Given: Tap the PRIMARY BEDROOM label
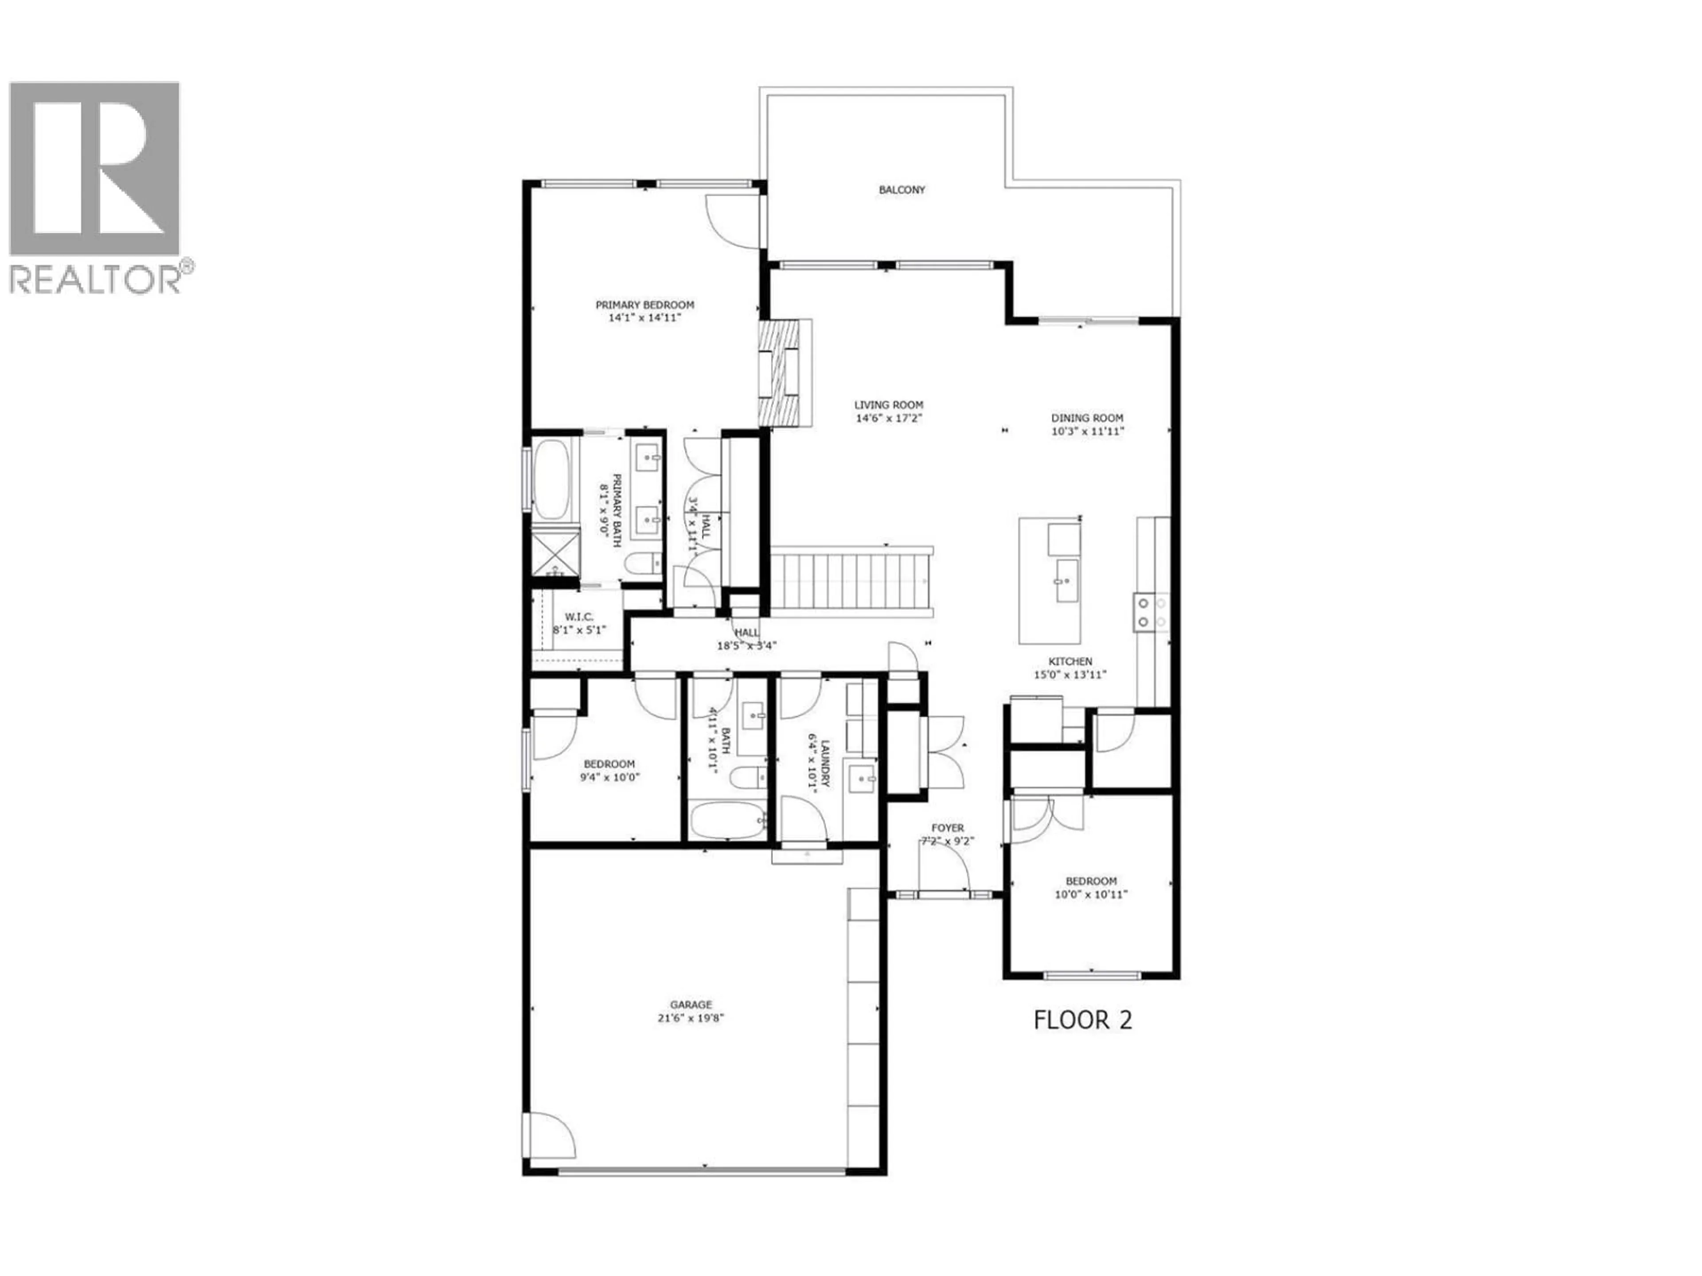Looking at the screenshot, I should point(645,304).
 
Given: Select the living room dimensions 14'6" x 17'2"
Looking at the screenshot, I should point(889,418).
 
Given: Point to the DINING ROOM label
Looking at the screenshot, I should point(1087,418).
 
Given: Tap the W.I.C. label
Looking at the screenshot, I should point(578,616).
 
